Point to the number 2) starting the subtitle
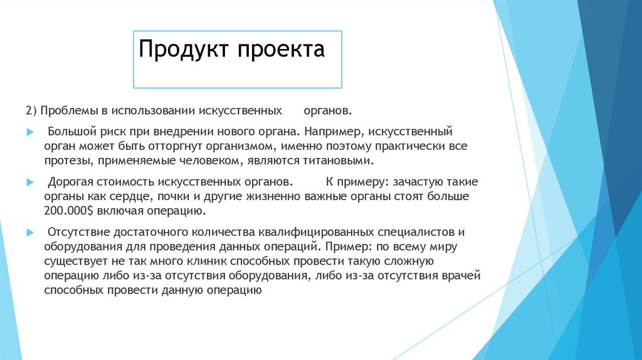[32, 110]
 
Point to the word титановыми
[340, 161]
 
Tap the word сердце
[118, 196]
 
